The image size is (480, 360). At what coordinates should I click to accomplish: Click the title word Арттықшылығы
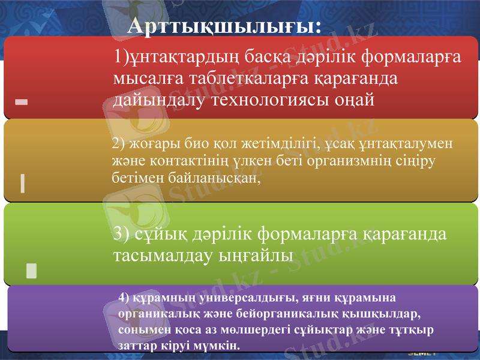(224, 26)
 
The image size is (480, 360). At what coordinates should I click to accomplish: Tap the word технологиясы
(270, 99)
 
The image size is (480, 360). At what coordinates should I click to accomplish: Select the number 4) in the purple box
(124, 297)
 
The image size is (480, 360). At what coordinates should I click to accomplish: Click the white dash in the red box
(22, 103)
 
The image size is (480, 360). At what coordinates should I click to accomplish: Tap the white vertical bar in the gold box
(22, 182)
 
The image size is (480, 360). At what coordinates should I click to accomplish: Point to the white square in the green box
(32, 271)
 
